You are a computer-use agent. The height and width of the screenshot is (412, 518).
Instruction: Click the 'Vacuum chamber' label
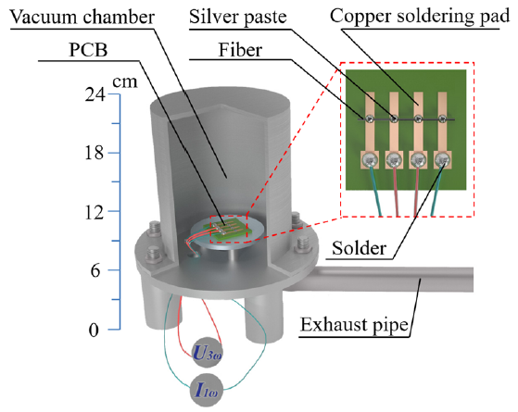click(x=82, y=18)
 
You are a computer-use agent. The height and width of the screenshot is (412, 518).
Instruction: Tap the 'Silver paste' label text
click(x=238, y=17)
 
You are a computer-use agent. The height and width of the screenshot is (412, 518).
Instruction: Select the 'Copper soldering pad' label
click(x=420, y=17)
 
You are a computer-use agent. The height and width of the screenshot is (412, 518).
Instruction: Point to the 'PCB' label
click(x=88, y=50)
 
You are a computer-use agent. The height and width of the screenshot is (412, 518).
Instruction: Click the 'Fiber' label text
click(x=240, y=50)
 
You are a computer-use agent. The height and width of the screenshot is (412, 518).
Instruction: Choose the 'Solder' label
click(x=360, y=248)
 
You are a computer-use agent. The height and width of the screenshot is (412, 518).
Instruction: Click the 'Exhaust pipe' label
click(x=354, y=325)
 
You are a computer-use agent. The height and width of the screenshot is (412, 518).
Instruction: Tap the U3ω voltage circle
click(x=208, y=353)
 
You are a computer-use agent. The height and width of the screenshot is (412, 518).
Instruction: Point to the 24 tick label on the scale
click(x=95, y=94)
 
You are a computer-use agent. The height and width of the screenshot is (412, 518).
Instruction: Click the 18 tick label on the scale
click(x=95, y=153)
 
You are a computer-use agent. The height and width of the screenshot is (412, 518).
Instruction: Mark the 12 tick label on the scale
click(x=95, y=212)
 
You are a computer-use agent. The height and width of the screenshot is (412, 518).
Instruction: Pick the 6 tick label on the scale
click(x=95, y=270)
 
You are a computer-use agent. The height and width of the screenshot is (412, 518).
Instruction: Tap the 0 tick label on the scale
click(x=95, y=330)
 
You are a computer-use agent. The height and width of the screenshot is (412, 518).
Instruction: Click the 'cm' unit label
click(x=124, y=81)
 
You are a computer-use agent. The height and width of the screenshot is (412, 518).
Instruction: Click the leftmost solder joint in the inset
click(x=370, y=160)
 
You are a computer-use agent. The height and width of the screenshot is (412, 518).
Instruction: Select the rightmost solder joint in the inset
click(x=442, y=160)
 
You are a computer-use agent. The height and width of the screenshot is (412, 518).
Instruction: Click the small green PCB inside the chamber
click(x=228, y=230)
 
